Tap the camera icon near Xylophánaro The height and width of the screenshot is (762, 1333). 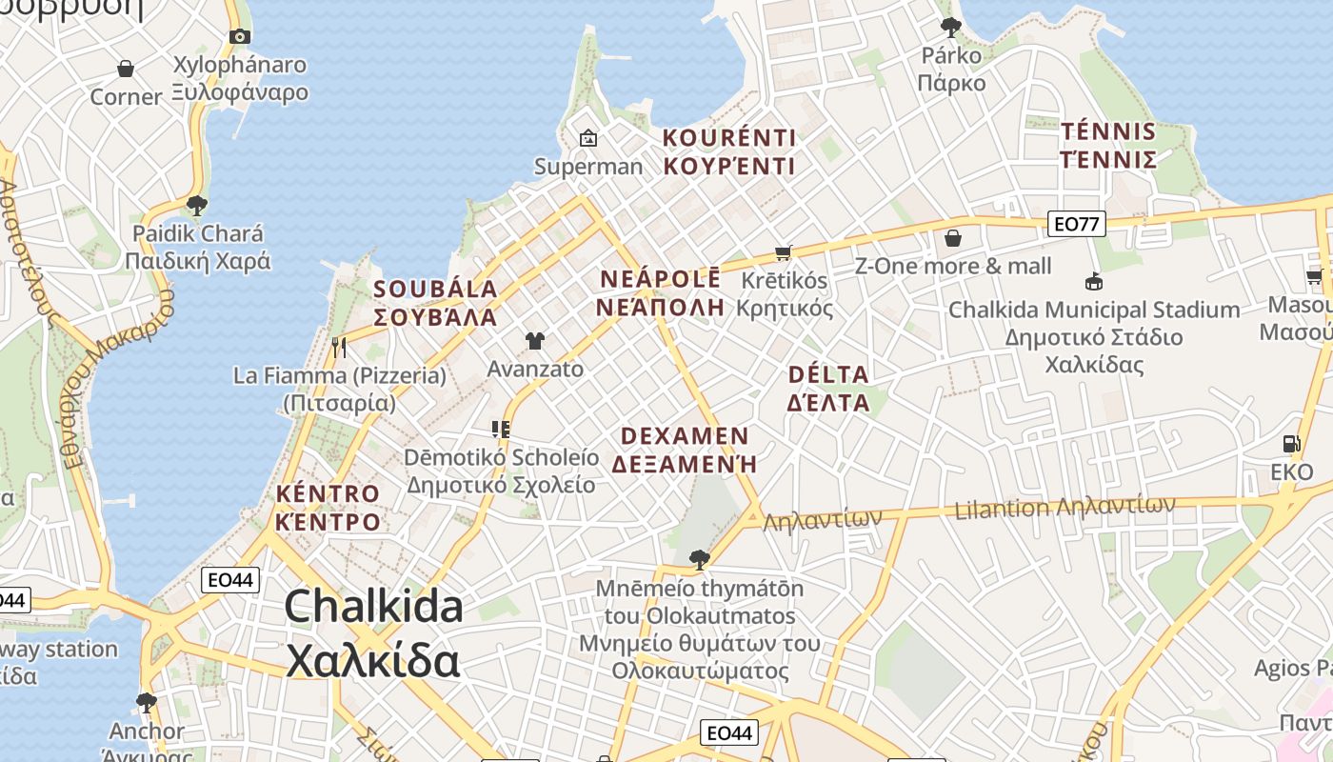coord(240,37)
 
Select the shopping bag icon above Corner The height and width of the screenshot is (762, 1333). coord(126,69)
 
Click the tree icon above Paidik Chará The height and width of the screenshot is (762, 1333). coord(197,205)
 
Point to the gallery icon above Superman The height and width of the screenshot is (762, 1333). coord(588,138)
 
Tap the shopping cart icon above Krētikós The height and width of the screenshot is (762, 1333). coord(784,252)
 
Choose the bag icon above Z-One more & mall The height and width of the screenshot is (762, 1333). coord(952,238)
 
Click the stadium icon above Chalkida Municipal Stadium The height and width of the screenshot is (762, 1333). coord(1094,282)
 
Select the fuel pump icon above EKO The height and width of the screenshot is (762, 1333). coord(1291,444)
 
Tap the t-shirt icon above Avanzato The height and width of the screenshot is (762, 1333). coord(535,340)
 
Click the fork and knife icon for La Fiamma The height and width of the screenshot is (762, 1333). coord(339,348)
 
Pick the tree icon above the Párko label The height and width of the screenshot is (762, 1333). coord(950,27)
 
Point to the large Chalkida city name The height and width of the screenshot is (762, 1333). coord(373,633)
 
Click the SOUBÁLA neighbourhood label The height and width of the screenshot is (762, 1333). coord(436,303)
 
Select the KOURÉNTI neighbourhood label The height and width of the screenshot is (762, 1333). coord(729,151)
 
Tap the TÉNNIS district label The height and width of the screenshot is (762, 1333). coord(1108,145)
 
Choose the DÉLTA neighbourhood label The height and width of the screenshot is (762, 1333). coord(828,388)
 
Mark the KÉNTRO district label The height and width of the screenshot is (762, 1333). coord(328,507)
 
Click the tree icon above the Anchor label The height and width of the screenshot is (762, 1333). coord(147,703)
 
